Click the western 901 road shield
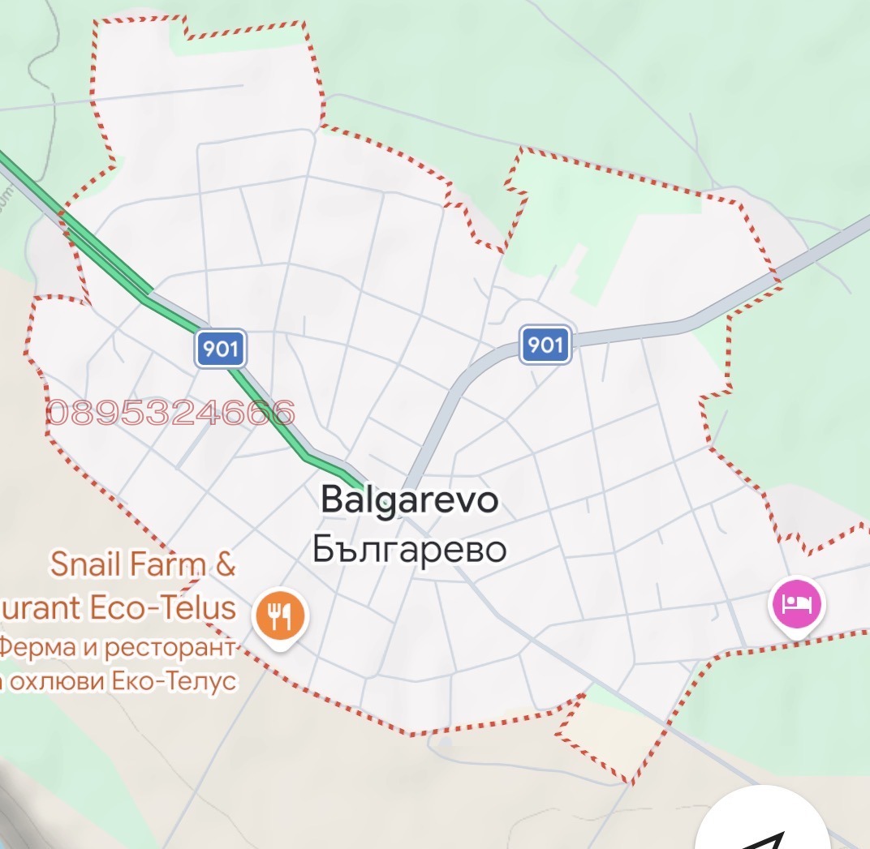click(x=220, y=349)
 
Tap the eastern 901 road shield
click(x=545, y=345)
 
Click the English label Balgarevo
click(x=410, y=500)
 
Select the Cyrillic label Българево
click(x=410, y=550)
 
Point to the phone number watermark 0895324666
click(x=170, y=414)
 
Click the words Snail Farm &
click(x=143, y=564)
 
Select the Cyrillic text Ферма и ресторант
click(x=118, y=648)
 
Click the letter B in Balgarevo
click(x=334, y=500)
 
